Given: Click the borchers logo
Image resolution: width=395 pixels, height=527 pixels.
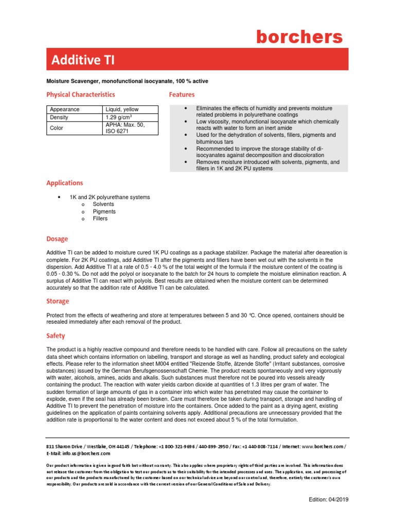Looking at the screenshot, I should (299, 37).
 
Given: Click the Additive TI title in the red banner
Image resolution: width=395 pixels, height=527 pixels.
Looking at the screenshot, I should (83, 60).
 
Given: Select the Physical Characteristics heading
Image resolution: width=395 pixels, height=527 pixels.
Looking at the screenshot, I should (81, 95).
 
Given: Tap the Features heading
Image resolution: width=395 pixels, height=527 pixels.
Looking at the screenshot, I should (182, 95).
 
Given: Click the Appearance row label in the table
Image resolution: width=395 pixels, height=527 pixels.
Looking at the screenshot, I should (64, 110).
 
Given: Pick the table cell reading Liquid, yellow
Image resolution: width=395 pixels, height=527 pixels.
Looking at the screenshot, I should (122, 110).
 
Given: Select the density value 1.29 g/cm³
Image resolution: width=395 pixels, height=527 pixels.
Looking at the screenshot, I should (119, 117).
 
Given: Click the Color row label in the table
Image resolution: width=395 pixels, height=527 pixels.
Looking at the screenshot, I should (57, 128).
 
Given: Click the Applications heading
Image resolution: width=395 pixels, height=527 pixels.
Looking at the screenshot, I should (64, 183).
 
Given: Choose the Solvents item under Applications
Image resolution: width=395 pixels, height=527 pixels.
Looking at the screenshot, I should (103, 204).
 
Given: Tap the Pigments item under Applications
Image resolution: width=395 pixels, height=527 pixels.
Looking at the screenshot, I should (104, 212).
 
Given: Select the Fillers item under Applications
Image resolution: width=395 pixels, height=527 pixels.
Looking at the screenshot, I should (100, 219).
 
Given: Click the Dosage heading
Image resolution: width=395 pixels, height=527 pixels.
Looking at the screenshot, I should (57, 239).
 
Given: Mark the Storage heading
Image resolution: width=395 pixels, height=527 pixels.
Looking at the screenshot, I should (58, 301).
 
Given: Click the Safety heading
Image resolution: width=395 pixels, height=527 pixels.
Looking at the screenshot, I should (56, 336).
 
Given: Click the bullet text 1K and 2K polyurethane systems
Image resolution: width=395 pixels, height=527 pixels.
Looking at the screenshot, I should (110, 197).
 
